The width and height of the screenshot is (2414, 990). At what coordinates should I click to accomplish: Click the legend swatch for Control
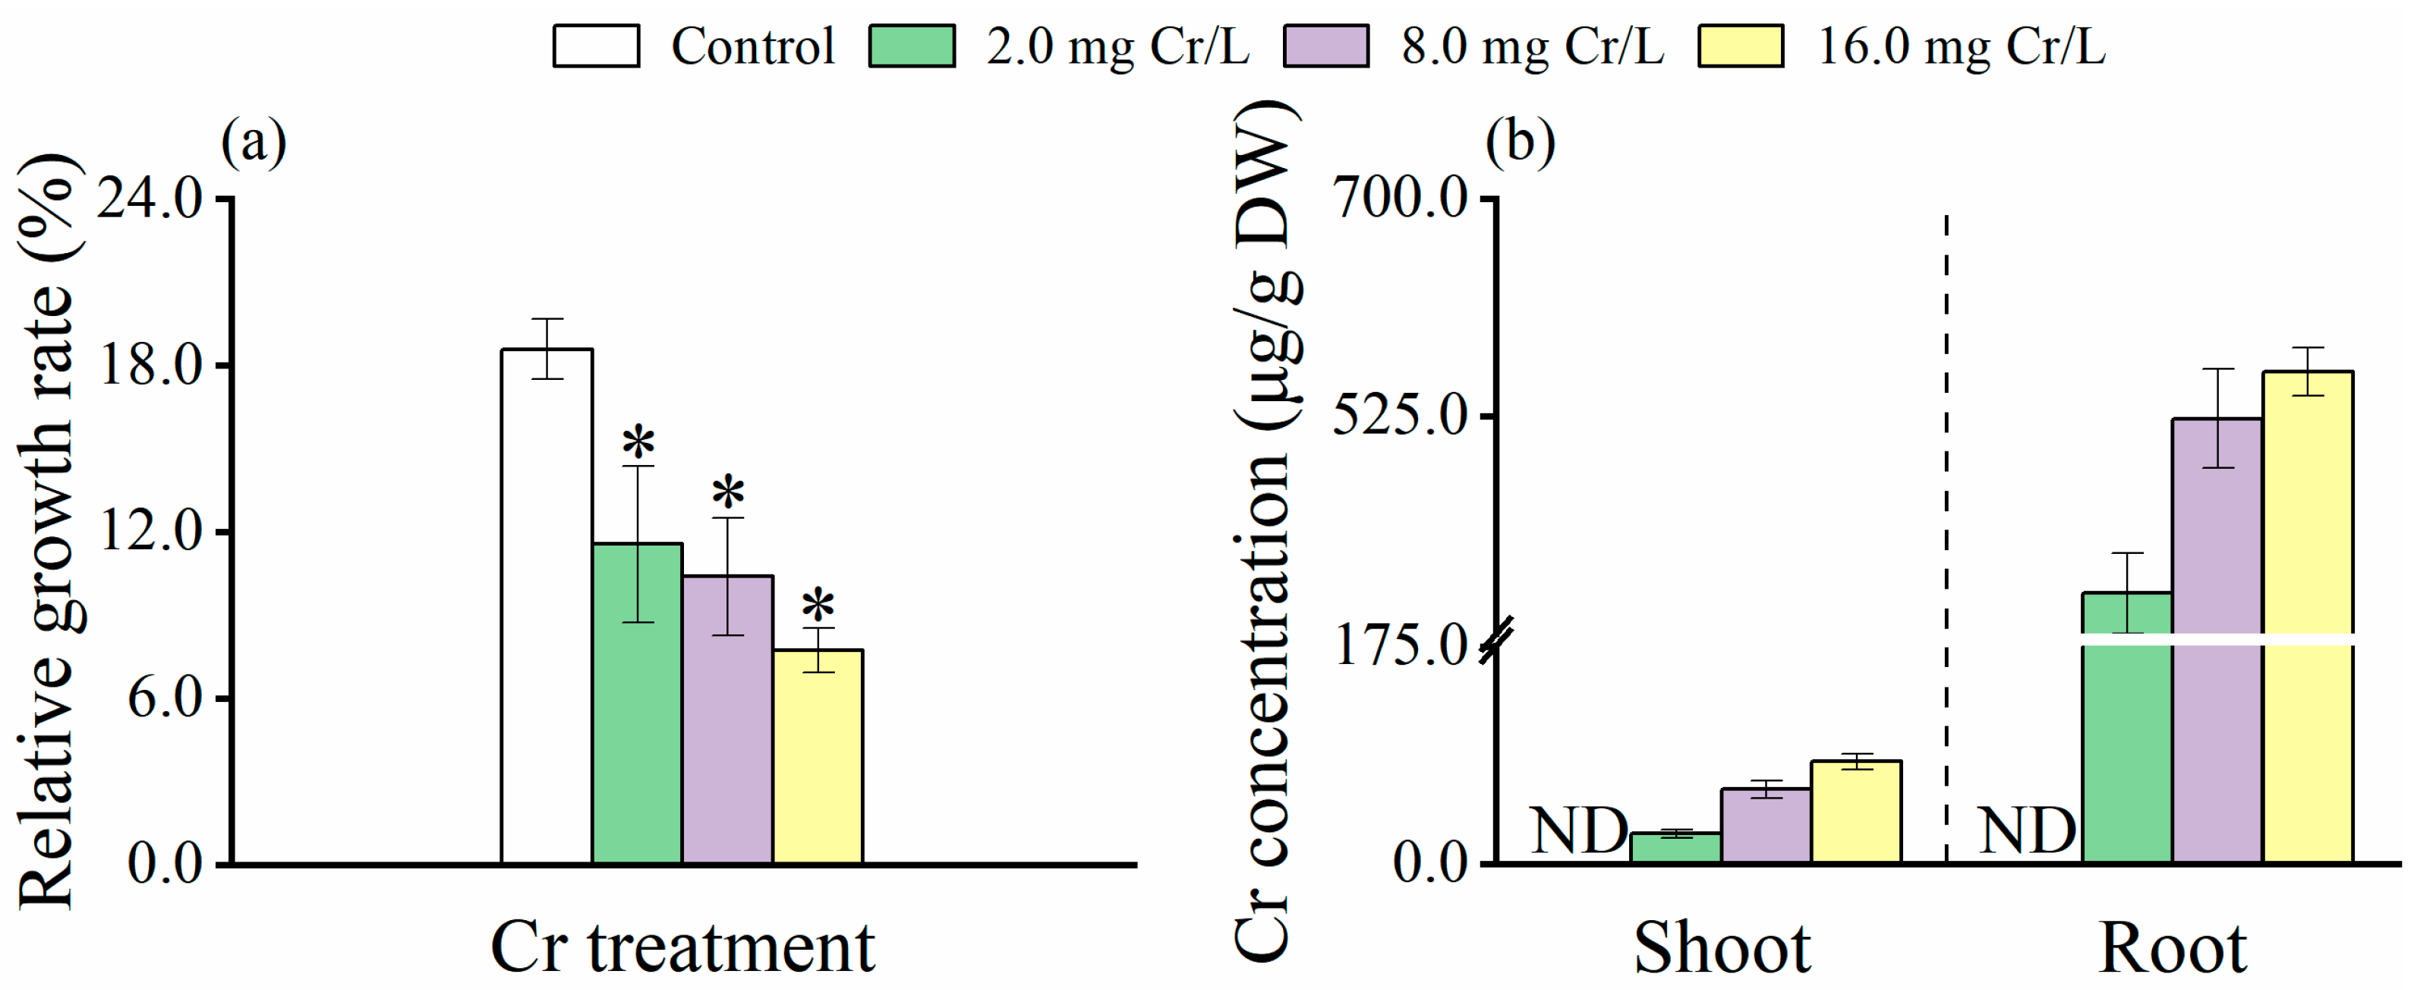[596, 46]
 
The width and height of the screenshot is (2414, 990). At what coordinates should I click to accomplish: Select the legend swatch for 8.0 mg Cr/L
[1326, 46]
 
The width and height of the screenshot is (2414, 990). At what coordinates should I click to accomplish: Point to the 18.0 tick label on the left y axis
[151, 365]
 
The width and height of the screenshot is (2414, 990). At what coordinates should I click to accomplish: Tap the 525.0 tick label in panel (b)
[1400, 416]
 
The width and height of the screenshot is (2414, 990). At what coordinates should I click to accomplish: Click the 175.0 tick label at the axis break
[1400, 645]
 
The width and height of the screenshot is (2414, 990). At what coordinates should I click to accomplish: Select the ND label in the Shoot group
[1579, 830]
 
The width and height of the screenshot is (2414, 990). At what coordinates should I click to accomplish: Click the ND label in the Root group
[2027, 830]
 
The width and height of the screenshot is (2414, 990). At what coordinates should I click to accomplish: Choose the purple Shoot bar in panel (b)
[1766, 826]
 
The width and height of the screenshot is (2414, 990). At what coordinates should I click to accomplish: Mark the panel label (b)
[1520, 143]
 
